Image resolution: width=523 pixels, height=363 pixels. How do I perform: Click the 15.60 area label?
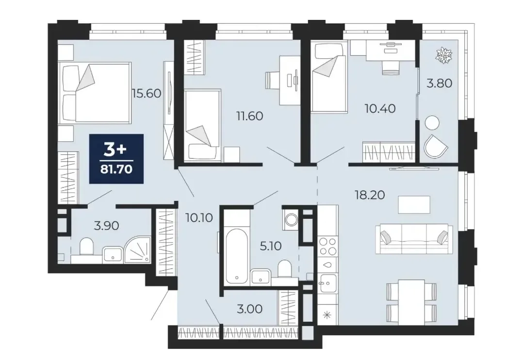147,93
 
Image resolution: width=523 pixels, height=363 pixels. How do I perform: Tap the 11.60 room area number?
250,116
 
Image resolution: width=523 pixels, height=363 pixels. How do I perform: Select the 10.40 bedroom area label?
380,108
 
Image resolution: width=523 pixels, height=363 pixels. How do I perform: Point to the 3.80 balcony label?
440,83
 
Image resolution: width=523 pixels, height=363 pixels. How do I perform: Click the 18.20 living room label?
370,195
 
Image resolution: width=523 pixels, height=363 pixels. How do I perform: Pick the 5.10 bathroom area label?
271,246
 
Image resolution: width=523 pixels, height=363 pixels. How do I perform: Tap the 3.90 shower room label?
107,226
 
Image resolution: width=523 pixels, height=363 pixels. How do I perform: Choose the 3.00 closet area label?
249,309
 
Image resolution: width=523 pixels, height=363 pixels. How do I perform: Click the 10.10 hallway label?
199,218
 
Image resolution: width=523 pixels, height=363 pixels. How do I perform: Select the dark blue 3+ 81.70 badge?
116,159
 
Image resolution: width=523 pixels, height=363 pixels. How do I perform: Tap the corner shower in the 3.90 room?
138,250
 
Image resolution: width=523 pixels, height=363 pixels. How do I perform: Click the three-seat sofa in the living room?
414,239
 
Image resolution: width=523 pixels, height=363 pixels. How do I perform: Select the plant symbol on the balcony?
444,55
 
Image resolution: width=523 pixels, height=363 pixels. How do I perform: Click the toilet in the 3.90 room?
87,247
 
